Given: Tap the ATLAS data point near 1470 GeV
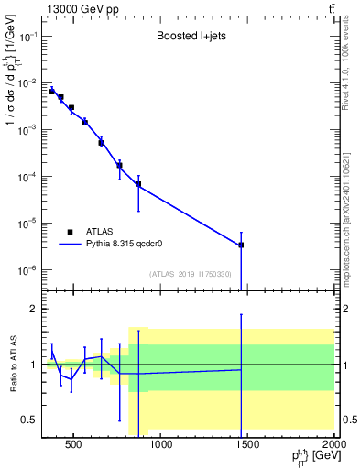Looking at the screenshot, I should click(241, 245).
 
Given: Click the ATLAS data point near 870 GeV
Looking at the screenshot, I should click(138, 185).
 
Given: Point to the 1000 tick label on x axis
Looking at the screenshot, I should click(160, 446).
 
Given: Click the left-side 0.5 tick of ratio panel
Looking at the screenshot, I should click(29, 420).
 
